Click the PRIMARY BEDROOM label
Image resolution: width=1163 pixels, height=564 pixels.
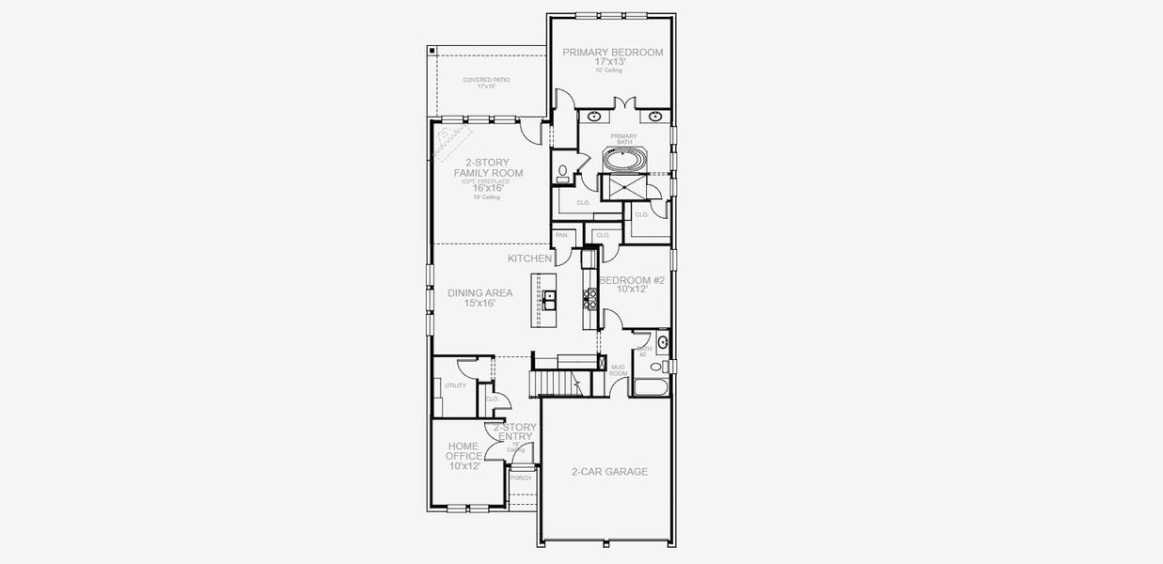pos(612,53)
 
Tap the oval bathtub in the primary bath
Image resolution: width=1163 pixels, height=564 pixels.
pos(624,161)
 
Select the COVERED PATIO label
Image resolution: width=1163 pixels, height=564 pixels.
pos(486,80)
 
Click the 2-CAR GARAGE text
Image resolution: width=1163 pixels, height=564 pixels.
pos(609,471)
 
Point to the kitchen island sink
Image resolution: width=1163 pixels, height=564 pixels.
pos(548,300)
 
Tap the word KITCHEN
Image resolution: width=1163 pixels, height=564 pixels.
pos(529,258)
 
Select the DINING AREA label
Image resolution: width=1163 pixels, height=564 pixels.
pos(479,293)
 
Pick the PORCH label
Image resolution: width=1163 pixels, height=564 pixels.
pos(521,478)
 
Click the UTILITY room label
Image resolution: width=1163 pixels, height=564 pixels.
pos(455,385)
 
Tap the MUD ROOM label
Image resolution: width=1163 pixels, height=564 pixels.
pos(618,369)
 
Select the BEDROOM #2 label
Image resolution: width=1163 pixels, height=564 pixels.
pos(632,281)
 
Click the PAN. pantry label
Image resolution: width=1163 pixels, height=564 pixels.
pos(562,235)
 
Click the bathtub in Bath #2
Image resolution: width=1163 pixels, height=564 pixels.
pos(652,386)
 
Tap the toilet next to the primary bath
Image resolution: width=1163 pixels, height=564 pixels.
pos(562,172)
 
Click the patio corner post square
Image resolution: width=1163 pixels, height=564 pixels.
pos(431,50)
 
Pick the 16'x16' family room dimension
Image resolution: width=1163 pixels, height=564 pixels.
pos(488,188)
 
